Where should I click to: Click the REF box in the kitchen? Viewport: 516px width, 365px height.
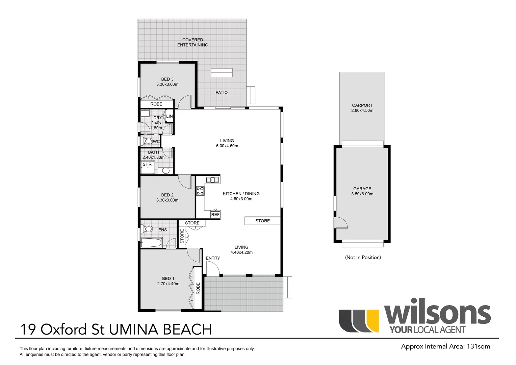point(215,214)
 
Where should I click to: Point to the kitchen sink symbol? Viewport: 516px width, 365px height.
point(213,180)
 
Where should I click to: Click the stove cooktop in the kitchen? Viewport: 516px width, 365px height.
point(200,191)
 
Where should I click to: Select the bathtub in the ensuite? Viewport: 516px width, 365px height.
point(151,242)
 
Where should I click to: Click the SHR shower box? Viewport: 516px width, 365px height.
point(148,167)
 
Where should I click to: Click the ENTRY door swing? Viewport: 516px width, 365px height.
point(213,269)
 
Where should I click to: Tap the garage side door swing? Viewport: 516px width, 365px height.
point(341,222)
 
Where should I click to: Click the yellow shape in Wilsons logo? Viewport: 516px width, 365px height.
point(372,321)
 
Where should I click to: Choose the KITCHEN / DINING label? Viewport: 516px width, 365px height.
point(241,194)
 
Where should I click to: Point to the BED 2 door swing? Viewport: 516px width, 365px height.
point(185,182)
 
